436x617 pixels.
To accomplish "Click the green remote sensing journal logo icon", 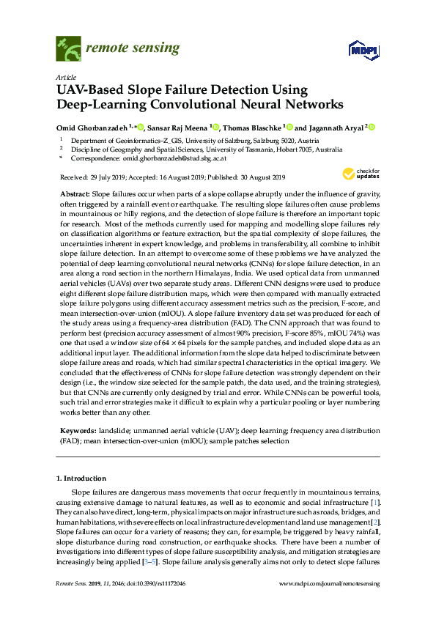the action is pyautogui.click(x=69, y=49).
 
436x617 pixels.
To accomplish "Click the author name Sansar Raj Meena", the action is pyautogui.click(x=180, y=127).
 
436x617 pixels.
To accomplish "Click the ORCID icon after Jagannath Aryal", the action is pyautogui.click(x=372, y=127).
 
